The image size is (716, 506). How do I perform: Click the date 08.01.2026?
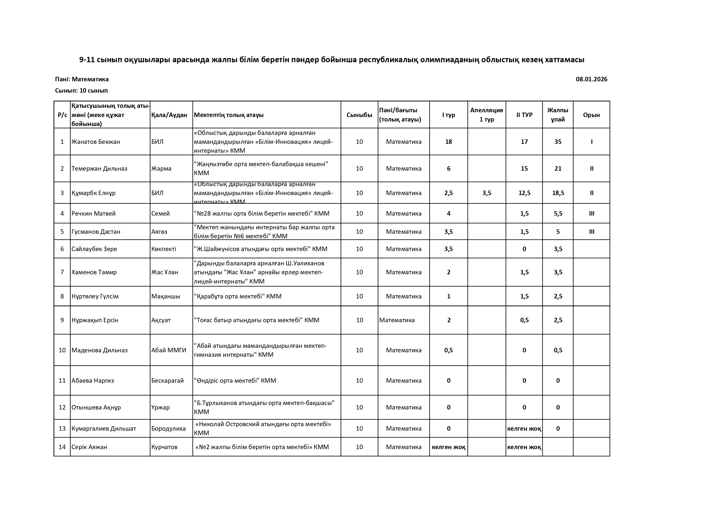pyautogui.click(x=591, y=79)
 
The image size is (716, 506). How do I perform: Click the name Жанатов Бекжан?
pyautogui.click(x=96, y=142)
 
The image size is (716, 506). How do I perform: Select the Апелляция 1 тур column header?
pyautogui.click(x=486, y=115)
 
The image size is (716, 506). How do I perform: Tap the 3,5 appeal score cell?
pyautogui.click(x=486, y=193)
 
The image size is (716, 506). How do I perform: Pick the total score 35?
pyautogui.click(x=558, y=142)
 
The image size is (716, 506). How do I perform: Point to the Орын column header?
pyautogui.click(x=591, y=115)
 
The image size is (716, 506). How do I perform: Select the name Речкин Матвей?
pyautogui.click(x=94, y=214)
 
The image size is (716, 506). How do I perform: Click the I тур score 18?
pyautogui.click(x=449, y=142)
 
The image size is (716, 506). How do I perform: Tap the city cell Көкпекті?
pyautogui.click(x=164, y=249)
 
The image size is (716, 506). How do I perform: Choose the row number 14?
pyautogui.click(x=62, y=447)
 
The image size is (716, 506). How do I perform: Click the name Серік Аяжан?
pyautogui.click(x=89, y=447)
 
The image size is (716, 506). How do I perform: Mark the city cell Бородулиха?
pyautogui.click(x=168, y=429)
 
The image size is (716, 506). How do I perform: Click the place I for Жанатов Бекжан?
pyautogui.click(x=592, y=142)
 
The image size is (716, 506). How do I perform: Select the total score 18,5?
pyautogui.click(x=558, y=193)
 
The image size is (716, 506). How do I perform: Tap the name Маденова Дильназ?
pyautogui.click(x=99, y=351)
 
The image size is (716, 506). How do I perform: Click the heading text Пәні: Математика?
pyautogui.click(x=82, y=79)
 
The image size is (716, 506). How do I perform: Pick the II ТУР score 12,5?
pyautogui.click(x=524, y=193)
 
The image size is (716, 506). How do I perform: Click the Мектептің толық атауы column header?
pyautogui.click(x=228, y=115)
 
